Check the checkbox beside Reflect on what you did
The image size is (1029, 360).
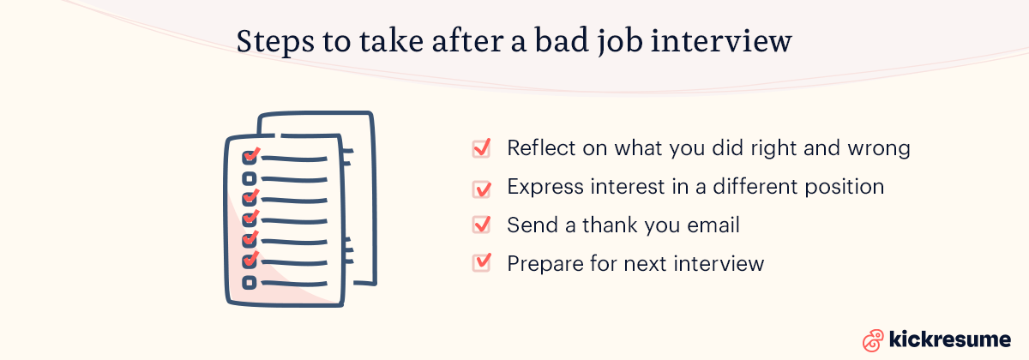[481, 148]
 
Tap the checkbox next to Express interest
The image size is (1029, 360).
[481, 187]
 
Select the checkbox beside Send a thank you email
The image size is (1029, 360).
[481, 225]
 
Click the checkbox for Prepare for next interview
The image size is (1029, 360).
[481, 263]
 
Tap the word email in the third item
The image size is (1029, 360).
[710, 225]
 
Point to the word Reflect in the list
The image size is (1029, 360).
[539, 148]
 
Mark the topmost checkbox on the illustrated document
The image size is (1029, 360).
[250, 157]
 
